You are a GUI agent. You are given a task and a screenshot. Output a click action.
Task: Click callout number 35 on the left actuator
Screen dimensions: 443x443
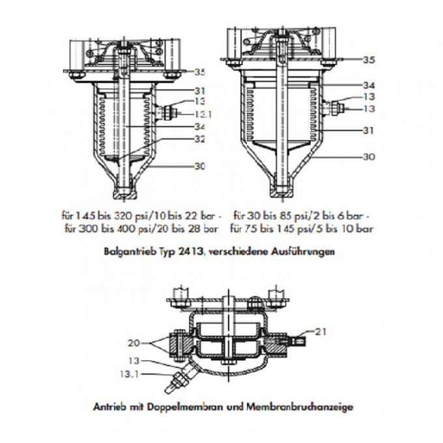pos(199,72)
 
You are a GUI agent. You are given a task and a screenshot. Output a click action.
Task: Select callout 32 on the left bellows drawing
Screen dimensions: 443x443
pos(199,139)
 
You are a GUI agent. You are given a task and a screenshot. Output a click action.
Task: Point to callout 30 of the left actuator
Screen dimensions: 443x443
pos(199,166)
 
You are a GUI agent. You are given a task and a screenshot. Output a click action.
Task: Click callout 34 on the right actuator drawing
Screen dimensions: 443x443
pos(369,85)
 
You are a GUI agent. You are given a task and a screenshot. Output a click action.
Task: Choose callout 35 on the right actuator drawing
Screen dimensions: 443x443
pos(369,59)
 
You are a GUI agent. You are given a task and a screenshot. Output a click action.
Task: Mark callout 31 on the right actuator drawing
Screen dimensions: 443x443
pos(369,130)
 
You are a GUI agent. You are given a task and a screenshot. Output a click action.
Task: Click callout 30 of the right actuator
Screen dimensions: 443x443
pos(369,156)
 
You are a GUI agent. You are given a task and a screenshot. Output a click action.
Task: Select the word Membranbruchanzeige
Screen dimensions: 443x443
pos(310,407)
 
